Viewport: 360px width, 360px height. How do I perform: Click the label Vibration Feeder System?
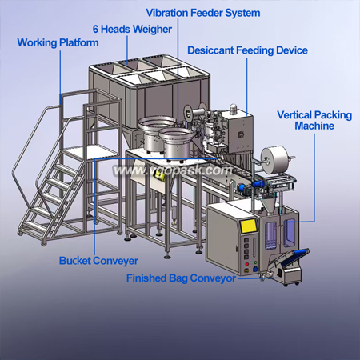pos(203,13)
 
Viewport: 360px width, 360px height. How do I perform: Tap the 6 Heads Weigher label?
pos(132,29)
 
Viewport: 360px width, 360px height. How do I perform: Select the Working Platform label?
pos(58,42)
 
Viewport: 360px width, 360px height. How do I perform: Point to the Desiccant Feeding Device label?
pos(247,50)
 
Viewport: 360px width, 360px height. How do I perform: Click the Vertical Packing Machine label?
pos(314,120)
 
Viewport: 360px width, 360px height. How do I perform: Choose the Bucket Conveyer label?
pos(98,261)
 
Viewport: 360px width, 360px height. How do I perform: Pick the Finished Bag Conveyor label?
pos(181,278)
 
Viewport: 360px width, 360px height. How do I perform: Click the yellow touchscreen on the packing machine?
pos(249,226)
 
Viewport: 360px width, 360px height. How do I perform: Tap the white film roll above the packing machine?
pos(274,157)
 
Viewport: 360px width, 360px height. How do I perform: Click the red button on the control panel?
pos(247,264)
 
